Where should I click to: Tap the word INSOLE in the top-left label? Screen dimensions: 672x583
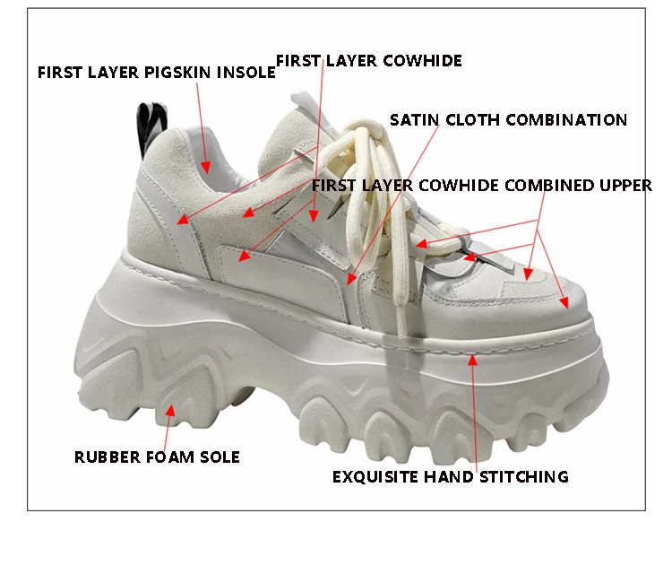pos(246,73)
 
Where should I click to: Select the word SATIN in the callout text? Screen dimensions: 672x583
pos(415,120)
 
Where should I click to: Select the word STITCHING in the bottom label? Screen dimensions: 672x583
pos(524,477)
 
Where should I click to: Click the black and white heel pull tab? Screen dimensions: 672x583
pos(151,127)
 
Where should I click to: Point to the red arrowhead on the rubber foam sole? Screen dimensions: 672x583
pos(170,410)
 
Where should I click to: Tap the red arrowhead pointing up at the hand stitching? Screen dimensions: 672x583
pos(473,360)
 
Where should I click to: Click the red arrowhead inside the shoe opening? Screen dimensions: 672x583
pos(206,168)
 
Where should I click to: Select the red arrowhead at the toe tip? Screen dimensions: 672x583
pos(564,303)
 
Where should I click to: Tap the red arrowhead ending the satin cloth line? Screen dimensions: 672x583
pos(351,279)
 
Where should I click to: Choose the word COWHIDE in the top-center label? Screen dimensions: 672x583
pos(423,61)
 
